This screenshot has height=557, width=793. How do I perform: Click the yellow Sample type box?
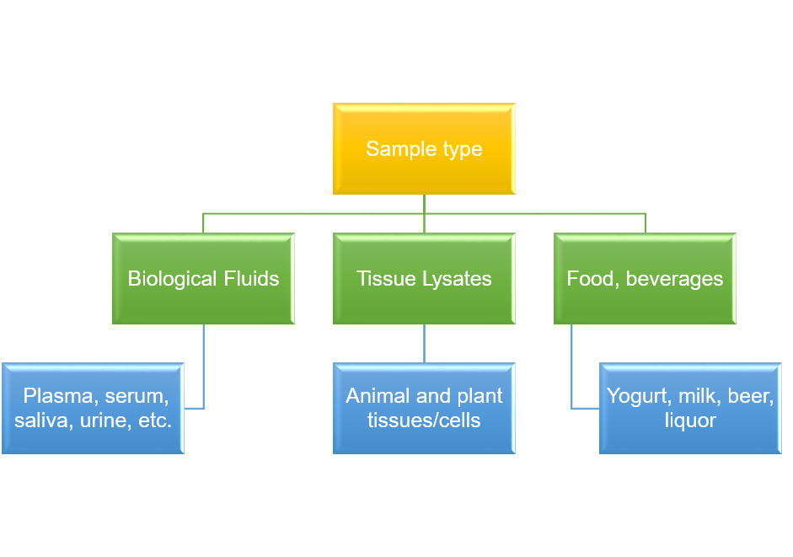(x=424, y=149)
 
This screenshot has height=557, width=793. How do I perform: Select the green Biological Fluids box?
(x=203, y=279)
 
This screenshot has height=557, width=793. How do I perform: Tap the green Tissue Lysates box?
(x=424, y=279)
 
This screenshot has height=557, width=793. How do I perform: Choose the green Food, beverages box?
(x=645, y=279)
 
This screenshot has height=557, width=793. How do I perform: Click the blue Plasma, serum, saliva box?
(x=93, y=408)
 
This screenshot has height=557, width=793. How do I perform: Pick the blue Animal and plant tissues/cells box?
(x=424, y=408)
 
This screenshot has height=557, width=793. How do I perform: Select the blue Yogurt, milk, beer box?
(x=690, y=408)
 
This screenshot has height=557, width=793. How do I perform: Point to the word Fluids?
(x=251, y=279)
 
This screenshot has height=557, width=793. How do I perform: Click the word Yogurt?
(x=637, y=396)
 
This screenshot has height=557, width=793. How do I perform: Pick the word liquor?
(x=690, y=420)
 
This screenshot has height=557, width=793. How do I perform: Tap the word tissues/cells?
(x=424, y=420)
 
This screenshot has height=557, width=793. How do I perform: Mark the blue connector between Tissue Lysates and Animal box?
(x=424, y=343)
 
